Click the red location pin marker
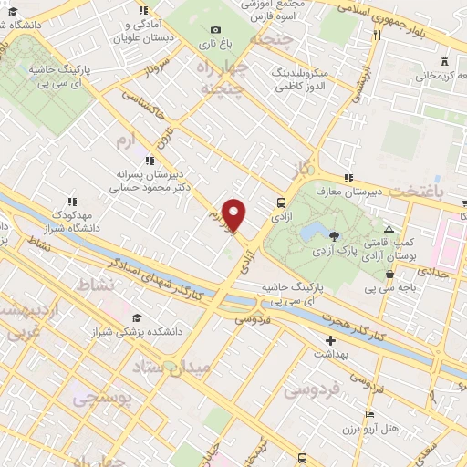tap(235, 215)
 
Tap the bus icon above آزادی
tap(281, 203)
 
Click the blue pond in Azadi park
tap(316, 228)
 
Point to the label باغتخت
tap(421, 192)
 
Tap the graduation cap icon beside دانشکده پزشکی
tap(136, 317)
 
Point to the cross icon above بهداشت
tap(329, 339)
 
